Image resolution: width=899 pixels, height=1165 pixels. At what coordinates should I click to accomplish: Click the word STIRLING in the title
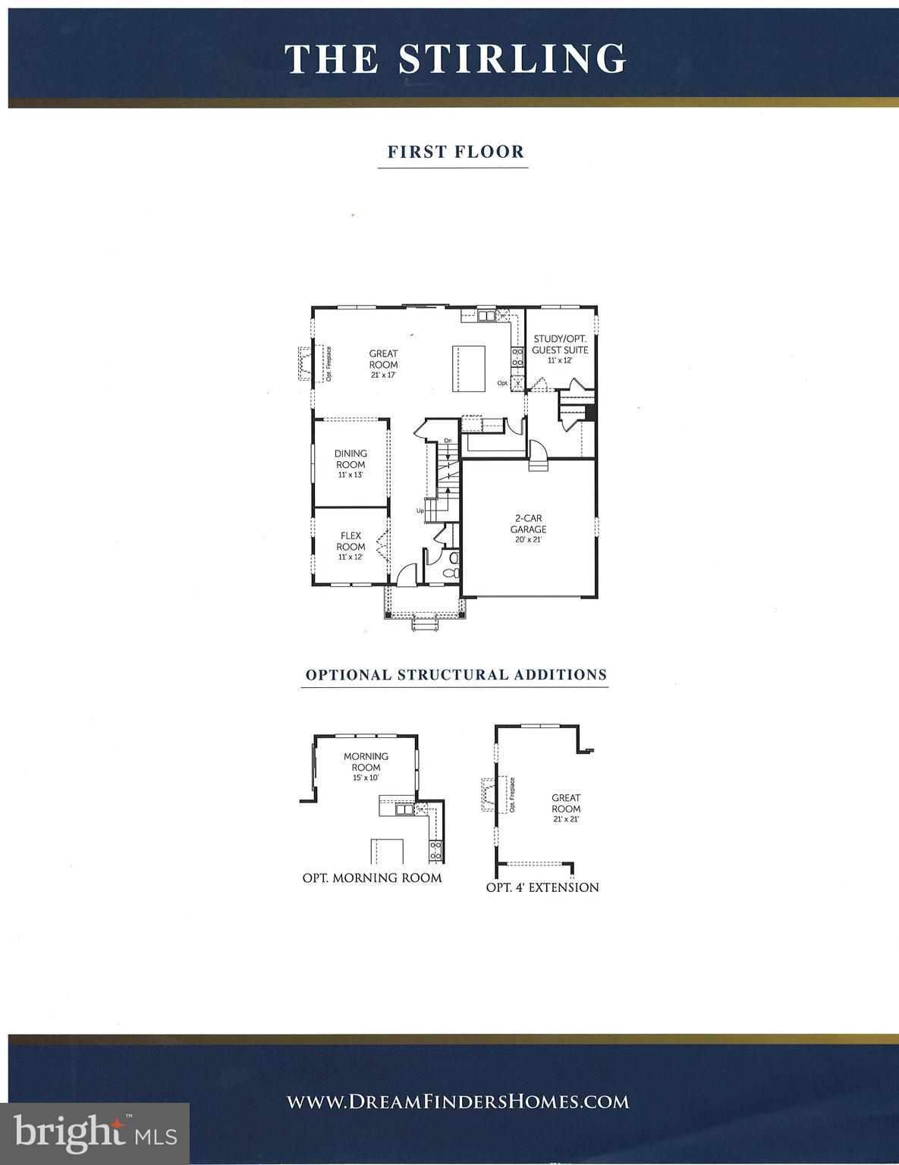click(x=513, y=58)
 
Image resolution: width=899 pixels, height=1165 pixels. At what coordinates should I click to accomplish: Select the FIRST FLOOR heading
click(x=456, y=152)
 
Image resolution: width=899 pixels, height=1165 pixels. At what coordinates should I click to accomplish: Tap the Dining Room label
click(x=350, y=460)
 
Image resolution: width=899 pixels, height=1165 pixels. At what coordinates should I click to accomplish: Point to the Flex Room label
click(x=350, y=542)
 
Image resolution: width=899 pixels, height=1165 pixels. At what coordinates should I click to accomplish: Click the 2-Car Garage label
click(x=528, y=524)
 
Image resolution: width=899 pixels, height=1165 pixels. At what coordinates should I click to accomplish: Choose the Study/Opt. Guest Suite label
click(x=560, y=344)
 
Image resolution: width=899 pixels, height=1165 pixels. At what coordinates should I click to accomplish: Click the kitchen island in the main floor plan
click(x=468, y=368)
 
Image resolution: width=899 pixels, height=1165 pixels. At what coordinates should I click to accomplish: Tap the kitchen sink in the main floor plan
click(x=486, y=315)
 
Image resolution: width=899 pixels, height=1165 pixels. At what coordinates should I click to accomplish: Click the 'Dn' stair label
click(x=448, y=441)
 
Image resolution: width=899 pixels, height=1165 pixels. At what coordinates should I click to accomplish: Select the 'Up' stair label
click(x=420, y=510)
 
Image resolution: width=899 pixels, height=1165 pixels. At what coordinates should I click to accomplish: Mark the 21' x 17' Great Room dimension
click(x=384, y=375)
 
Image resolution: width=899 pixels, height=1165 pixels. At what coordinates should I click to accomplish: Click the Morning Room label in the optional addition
click(x=366, y=761)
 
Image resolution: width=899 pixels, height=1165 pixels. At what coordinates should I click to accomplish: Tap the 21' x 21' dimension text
click(x=566, y=819)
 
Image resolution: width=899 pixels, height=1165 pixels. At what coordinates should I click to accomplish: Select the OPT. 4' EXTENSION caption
click(x=542, y=887)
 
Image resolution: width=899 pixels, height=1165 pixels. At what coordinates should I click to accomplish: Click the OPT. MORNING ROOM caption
click(x=372, y=878)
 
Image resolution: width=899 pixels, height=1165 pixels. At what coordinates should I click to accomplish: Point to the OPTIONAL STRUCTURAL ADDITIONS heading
click(x=456, y=674)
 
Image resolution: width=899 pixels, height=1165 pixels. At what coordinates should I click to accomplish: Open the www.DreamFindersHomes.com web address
click(x=457, y=1101)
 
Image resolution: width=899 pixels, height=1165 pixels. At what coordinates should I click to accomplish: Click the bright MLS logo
click(x=95, y=1134)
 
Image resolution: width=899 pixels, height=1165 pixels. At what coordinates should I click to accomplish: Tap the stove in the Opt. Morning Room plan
click(x=435, y=849)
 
